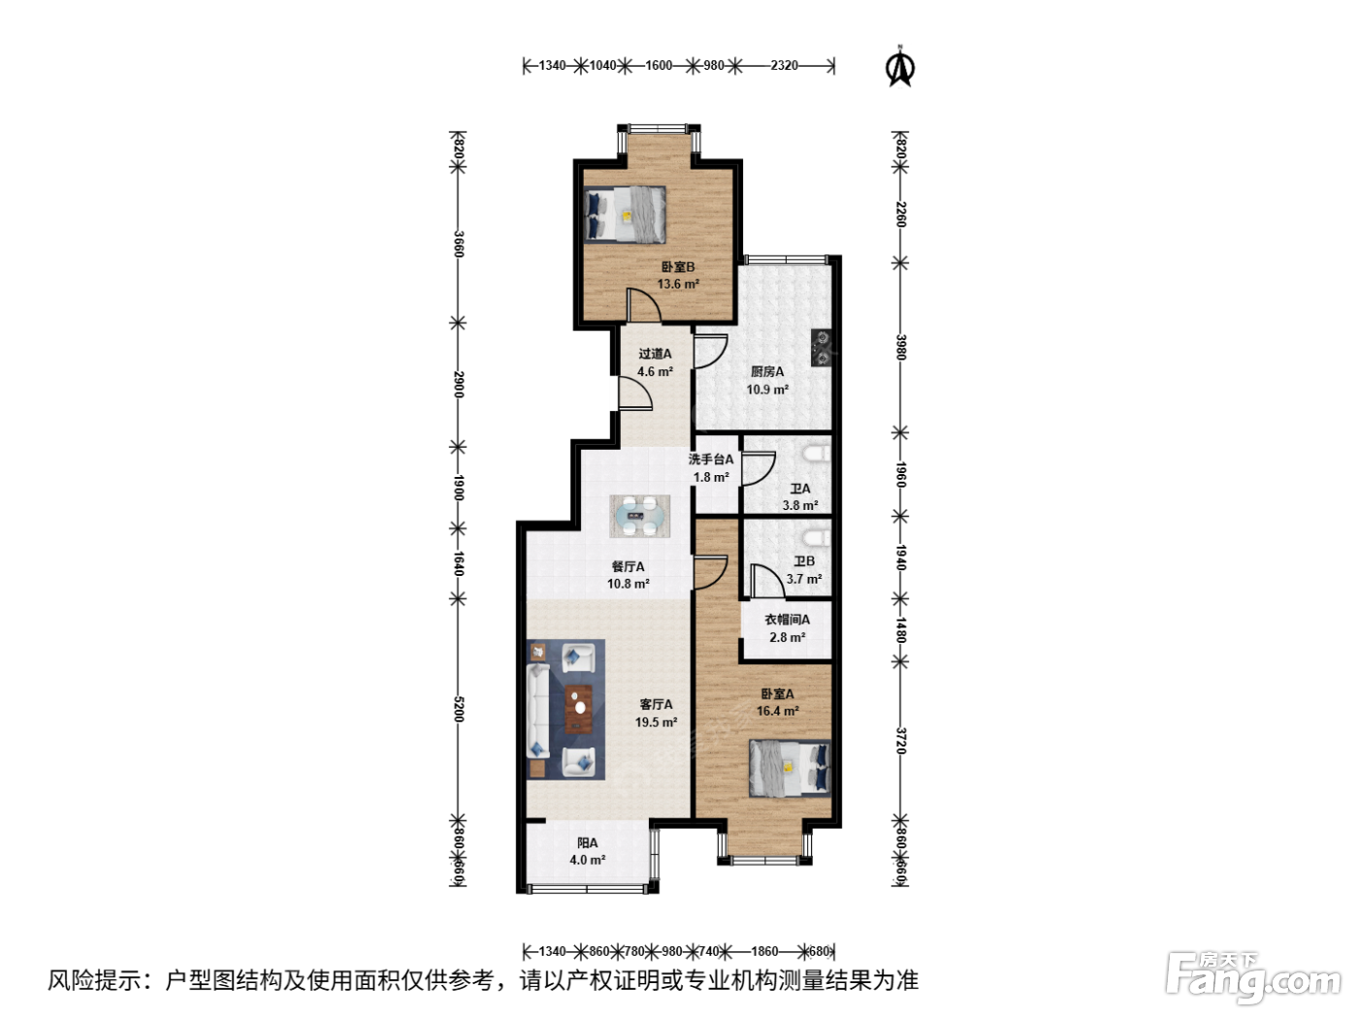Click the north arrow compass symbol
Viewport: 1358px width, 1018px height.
pyautogui.click(x=900, y=67)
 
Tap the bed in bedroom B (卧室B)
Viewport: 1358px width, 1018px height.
pyautogui.click(x=625, y=214)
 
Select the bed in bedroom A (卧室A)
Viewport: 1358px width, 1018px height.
pyautogui.click(x=790, y=768)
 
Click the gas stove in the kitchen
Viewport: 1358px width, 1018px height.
pyautogui.click(x=822, y=347)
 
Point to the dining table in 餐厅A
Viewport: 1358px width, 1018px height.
pyautogui.click(x=639, y=516)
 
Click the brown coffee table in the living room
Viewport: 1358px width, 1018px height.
pyautogui.click(x=579, y=709)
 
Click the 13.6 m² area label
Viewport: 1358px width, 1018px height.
pyautogui.click(x=678, y=284)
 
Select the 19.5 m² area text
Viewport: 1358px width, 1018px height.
pyautogui.click(x=656, y=722)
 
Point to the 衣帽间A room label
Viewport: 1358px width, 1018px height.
pyautogui.click(x=787, y=620)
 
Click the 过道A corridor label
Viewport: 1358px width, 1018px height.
pyautogui.click(x=655, y=354)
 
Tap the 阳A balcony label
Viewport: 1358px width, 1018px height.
pyautogui.click(x=587, y=843)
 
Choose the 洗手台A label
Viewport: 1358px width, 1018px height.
pyautogui.click(x=711, y=460)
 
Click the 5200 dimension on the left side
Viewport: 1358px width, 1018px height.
pyautogui.click(x=458, y=709)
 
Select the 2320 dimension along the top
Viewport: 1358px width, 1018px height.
pyautogui.click(x=784, y=66)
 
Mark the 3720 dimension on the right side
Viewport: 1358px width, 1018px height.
pyautogui.click(x=900, y=741)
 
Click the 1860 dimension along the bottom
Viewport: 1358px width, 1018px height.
pyautogui.click(x=764, y=951)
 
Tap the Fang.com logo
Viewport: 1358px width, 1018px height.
pyautogui.click(x=1253, y=976)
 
